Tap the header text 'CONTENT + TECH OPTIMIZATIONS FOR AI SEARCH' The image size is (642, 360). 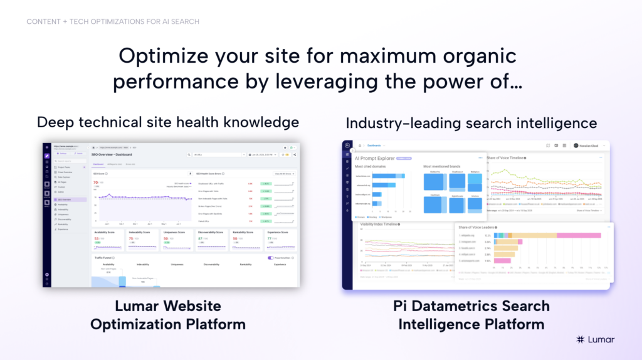113,21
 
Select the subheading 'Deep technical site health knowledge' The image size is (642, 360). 168,122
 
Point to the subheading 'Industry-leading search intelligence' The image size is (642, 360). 471,122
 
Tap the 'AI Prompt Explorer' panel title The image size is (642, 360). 375,158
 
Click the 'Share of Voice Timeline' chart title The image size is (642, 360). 507,157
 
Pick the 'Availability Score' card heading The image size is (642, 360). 104,232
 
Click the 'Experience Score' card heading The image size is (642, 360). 278,232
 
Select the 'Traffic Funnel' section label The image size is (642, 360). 104,258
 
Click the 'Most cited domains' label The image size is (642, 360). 370,167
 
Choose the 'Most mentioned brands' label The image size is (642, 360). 441,167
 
